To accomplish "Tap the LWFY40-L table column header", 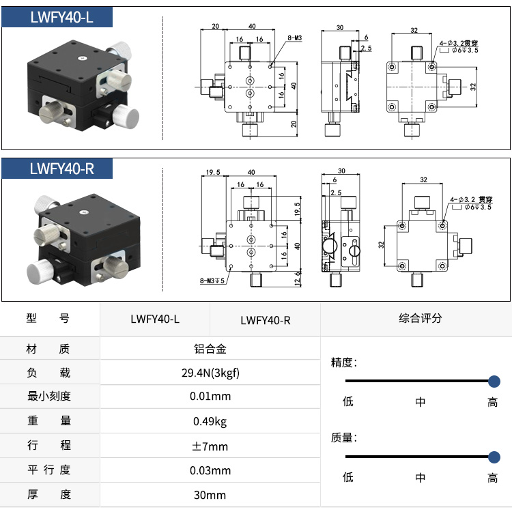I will click(x=155, y=318).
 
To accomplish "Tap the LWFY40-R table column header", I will click(x=266, y=319).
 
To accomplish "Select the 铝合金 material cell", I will click(x=210, y=349).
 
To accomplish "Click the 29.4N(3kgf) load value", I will click(x=210, y=373).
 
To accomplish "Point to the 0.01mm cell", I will click(x=210, y=397).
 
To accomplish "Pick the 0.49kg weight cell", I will click(x=210, y=421).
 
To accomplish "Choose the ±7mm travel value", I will click(x=210, y=446).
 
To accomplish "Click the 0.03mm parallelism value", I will click(x=210, y=470).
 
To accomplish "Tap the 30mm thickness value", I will click(x=210, y=495).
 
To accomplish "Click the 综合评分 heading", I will click(x=420, y=318).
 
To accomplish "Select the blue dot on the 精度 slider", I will click(x=494, y=382).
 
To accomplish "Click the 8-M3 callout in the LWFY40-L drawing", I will click(x=294, y=39).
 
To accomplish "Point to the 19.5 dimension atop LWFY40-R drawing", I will click(x=212, y=173).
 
